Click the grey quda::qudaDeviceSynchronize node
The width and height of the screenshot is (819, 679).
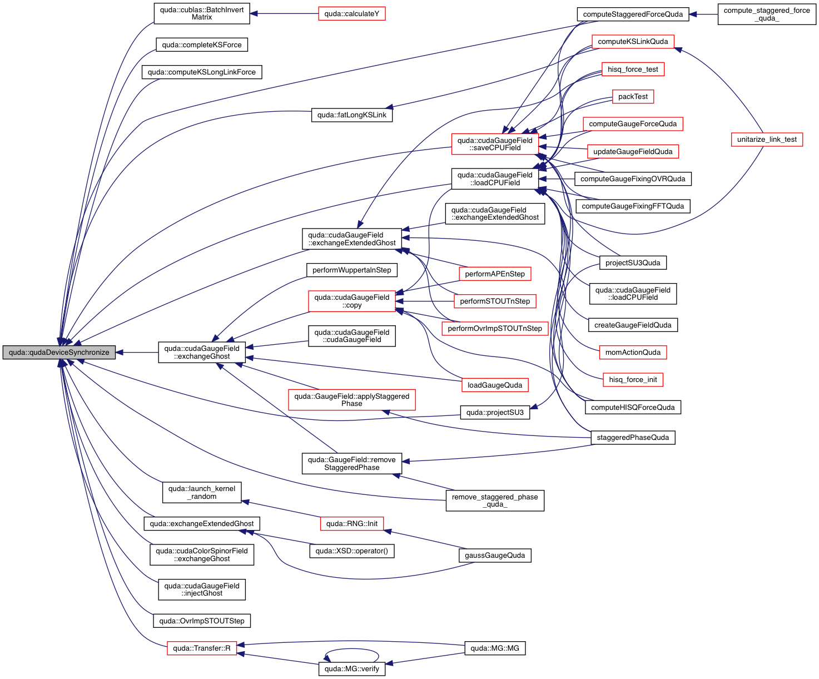pyautogui.click(x=59, y=353)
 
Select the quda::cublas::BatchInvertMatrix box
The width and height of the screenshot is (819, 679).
pyautogui.click(x=202, y=13)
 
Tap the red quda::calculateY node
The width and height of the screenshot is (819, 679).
pyautogui.click(x=351, y=14)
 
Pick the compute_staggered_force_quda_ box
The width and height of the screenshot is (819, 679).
pyautogui.click(x=767, y=14)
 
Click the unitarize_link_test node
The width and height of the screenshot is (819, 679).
pyautogui.click(x=767, y=140)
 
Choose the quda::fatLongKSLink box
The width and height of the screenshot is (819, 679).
pyautogui.click(x=351, y=115)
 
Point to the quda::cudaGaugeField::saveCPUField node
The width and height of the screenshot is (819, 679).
pyautogui.click(x=495, y=144)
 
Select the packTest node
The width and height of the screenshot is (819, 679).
pyautogui.click(x=633, y=97)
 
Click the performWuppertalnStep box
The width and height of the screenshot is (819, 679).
pyautogui.click(x=351, y=270)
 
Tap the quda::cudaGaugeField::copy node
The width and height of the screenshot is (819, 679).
pyautogui.click(x=351, y=301)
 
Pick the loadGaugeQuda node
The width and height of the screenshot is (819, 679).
pyautogui.click(x=495, y=385)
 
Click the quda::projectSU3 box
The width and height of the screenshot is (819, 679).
pyautogui.click(x=495, y=413)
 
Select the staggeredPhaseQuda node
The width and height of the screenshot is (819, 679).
pyautogui.click(x=633, y=438)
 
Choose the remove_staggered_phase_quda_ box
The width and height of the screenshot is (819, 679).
pyautogui.click(x=495, y=500)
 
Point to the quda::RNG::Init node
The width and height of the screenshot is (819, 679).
pyautogui.click(x=351, y=524)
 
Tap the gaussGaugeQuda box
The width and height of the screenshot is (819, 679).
pyautogui.click(x=495, y=555)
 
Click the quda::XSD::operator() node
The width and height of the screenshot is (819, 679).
pyautogui.click(x=351, y=551)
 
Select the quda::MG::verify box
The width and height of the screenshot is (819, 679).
pyautogui.click(x=351, y=669)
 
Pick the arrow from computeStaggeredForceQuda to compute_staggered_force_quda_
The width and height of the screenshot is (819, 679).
pyautogui.click(x=703, y=14)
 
